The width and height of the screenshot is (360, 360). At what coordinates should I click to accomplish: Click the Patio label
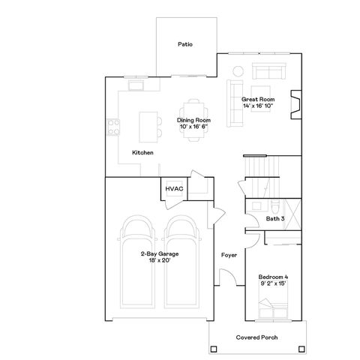[185, 44]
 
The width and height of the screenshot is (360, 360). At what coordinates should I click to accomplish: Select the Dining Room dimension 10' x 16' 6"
[193, 127]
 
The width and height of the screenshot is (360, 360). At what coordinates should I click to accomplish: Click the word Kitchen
[142, 153]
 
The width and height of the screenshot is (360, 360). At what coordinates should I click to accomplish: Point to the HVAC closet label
[174, 188]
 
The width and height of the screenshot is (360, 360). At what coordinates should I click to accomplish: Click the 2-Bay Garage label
[158, 253]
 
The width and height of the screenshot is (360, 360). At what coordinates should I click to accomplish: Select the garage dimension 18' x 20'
[158, 260]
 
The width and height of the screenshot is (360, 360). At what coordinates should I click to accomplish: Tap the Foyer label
[229, 256]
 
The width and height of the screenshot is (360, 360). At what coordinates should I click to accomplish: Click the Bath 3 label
[275, 218]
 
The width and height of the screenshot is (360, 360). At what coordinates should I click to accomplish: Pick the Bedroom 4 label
[273, 277]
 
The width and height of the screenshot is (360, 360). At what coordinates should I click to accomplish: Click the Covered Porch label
[257, 337]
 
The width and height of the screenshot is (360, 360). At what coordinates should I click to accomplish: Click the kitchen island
[148, 124]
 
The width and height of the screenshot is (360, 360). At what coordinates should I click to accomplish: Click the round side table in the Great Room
[237, 72]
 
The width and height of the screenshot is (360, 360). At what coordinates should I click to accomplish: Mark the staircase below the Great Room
[262, 166]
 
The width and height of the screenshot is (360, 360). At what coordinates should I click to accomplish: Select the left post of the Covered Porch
[214, 348]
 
